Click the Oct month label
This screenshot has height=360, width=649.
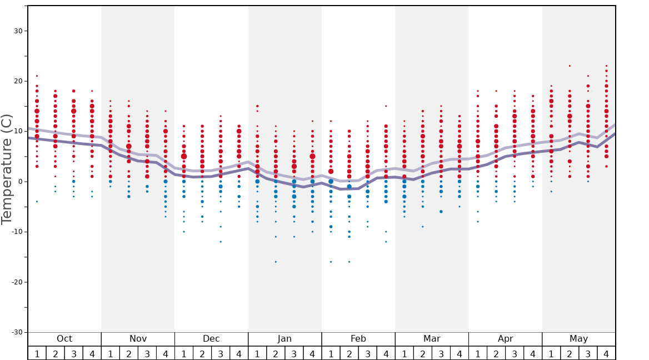(64, 339)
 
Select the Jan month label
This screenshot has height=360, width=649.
(284, 339)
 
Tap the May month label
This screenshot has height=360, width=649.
(578, 339)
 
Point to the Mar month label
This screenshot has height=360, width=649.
(432, 339)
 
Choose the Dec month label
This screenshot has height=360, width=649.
(211, 339)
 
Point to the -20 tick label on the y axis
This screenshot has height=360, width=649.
(15, 282)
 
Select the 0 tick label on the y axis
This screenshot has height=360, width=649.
(19, 182)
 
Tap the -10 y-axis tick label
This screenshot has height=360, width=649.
(15, 232)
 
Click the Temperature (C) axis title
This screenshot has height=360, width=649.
(7, 169)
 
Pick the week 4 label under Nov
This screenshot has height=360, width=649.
(166, 354)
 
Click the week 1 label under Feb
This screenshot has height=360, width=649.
(331, 354)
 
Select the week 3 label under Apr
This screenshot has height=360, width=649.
(515, 354)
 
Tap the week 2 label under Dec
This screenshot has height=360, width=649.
(202, 354)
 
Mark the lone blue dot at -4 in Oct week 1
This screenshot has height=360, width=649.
(37, 202)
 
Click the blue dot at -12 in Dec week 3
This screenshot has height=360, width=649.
(221, 242)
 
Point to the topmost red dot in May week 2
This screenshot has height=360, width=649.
(570, 66)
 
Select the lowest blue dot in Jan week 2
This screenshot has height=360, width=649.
(276, 262)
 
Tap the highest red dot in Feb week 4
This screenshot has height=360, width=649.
(386, 106)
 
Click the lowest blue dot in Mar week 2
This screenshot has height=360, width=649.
(423, 227)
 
